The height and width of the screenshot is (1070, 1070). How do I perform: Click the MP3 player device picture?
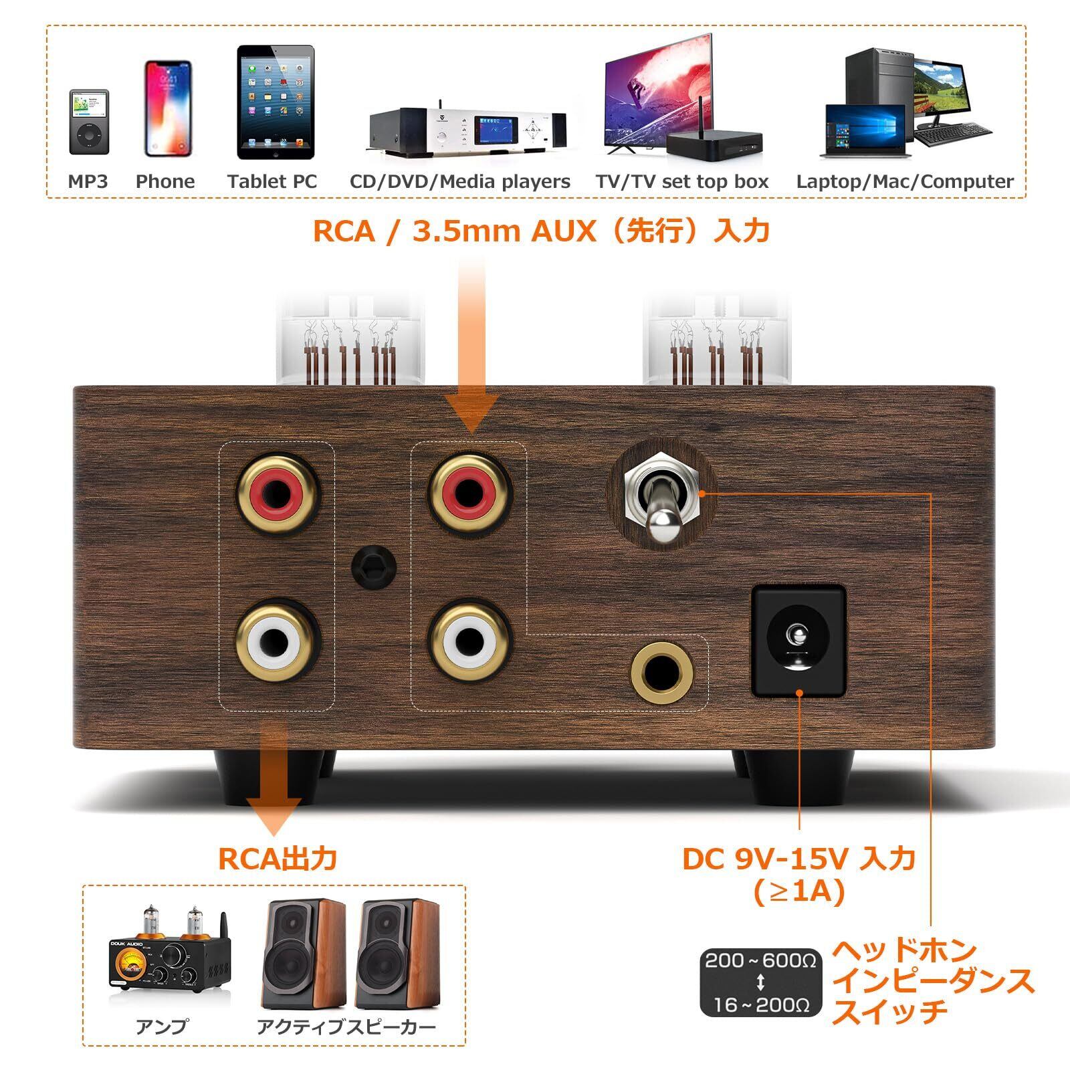pyautogui.click(x=88, y=122)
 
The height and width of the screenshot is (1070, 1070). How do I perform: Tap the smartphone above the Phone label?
pyautogui.click(x=168, y=108)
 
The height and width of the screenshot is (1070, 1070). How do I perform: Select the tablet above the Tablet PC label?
pyautogui.click(x=276, y=102)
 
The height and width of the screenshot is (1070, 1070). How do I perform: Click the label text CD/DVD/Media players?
pyautogui.click(x=459, y=181)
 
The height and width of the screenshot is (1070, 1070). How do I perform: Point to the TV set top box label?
pyautogui.click(x=682, y=181)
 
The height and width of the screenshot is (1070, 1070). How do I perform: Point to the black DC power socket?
pyautogui.click(x=798, y=641)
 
